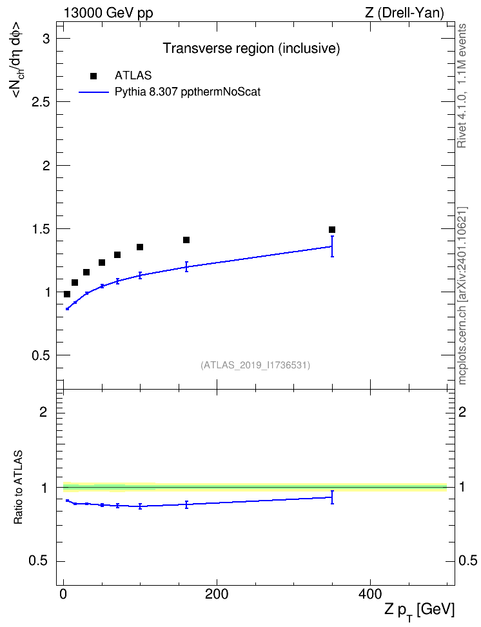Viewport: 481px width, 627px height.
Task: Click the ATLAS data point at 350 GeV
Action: (x=332, y=230)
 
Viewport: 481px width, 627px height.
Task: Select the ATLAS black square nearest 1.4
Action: (x=186, y=240)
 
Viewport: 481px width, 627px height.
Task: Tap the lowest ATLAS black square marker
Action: (x=67, y=294)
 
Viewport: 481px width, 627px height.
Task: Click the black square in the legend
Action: (x=93, y=76)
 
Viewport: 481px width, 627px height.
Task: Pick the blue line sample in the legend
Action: (x=94, y=92)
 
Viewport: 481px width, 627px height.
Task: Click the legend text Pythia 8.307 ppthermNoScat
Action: (x=188, y=92)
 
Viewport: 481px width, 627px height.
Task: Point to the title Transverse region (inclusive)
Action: (x=251, y=48)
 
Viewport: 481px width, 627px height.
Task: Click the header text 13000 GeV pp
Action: (x=108, y=13)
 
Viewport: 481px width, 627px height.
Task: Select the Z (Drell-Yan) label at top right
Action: (x=404, y=13)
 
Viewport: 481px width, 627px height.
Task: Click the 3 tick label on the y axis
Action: (x=47, y=39)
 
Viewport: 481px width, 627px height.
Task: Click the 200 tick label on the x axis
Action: (x=217, y=594)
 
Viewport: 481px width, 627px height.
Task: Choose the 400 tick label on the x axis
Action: (x=370, y=594)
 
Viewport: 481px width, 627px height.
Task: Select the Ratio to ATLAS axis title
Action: (x=18, y=488)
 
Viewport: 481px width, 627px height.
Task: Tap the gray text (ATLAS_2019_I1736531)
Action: (x=255, y=365)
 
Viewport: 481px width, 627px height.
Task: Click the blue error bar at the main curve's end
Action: (x=332, y=246)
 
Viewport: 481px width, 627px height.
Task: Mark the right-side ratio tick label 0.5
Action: (x=468, y=561)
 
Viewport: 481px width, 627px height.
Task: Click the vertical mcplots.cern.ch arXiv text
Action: (x=462, y=296)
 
